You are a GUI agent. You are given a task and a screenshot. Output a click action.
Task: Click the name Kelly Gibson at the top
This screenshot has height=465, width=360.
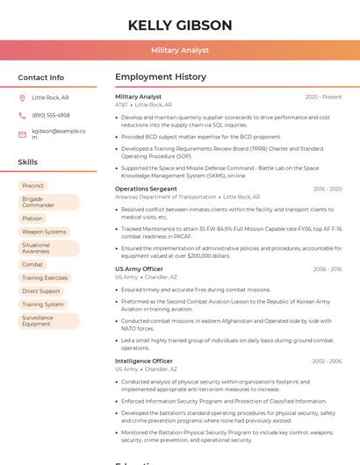tap(180, 25)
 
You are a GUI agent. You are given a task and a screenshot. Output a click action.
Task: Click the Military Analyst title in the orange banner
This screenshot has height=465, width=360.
tap(180, 50)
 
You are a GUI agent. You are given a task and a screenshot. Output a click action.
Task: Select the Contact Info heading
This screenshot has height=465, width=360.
tap(41, 77)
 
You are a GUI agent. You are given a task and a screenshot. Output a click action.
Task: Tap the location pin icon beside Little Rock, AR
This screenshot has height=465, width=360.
tap(23, 98)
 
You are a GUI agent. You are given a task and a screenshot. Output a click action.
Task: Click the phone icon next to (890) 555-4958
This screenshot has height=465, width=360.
tap(23, 115)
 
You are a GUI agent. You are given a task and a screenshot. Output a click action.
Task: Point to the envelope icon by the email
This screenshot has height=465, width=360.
tap(23, 135)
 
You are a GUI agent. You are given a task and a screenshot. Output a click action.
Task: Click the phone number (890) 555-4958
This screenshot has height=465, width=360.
tap(51, 115)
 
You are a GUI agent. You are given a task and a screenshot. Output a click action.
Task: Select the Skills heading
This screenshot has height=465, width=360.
tap(28, 162)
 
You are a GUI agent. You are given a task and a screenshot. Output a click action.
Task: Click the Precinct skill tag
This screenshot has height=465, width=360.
tap(32, 186)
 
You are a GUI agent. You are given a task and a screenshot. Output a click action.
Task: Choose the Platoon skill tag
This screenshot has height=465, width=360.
tap(32, 218)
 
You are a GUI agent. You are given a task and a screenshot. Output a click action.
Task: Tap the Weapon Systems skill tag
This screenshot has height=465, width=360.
tap(44, 232)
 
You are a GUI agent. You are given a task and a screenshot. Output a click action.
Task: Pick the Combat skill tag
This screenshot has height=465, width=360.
tap(32, 264)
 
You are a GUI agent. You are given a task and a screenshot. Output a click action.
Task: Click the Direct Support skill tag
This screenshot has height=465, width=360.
tap(41, 290)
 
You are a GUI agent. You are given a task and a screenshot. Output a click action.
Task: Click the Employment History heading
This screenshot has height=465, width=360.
tap(161, 77)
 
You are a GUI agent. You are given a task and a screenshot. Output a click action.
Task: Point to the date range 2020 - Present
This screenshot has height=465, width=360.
tap(323, 97)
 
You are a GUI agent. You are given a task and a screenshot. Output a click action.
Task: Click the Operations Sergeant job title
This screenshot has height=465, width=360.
tap(146, 189)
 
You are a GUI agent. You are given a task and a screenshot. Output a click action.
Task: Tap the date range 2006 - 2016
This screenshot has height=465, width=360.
tap(327, 268)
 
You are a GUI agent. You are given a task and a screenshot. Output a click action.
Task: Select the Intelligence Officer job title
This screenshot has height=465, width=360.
tap(144, 361)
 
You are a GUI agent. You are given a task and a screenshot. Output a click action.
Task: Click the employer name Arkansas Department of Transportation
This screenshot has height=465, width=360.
tap(165, 197)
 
